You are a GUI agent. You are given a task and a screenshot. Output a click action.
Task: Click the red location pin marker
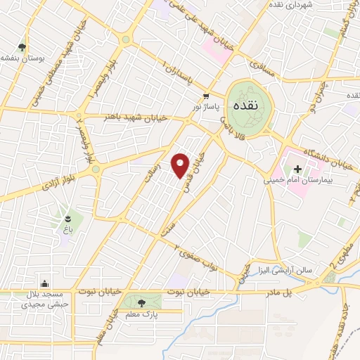(181, 165)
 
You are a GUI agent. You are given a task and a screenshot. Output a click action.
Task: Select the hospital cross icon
(297, 169)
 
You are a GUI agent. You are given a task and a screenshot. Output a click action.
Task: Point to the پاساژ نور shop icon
(205, 96)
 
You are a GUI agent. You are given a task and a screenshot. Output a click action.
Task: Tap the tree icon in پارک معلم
(143, 303)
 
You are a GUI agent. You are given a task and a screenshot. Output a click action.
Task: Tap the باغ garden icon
(68, 218)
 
